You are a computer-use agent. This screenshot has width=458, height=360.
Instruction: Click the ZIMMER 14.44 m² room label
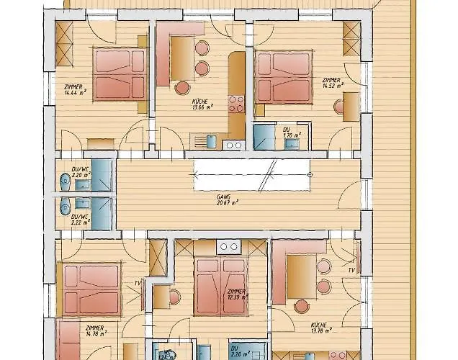tap(73, 89)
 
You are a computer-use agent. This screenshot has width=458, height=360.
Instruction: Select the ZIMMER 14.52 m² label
tap(331, 83)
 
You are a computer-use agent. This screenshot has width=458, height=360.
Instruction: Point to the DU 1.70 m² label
tap(292, 133)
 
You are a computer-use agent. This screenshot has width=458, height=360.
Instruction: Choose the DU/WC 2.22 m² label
tap(79, 219)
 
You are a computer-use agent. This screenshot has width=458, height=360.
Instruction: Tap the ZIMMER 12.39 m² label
tap(236, 294)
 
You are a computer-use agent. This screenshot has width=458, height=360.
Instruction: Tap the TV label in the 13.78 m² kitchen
tap(351, 270)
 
